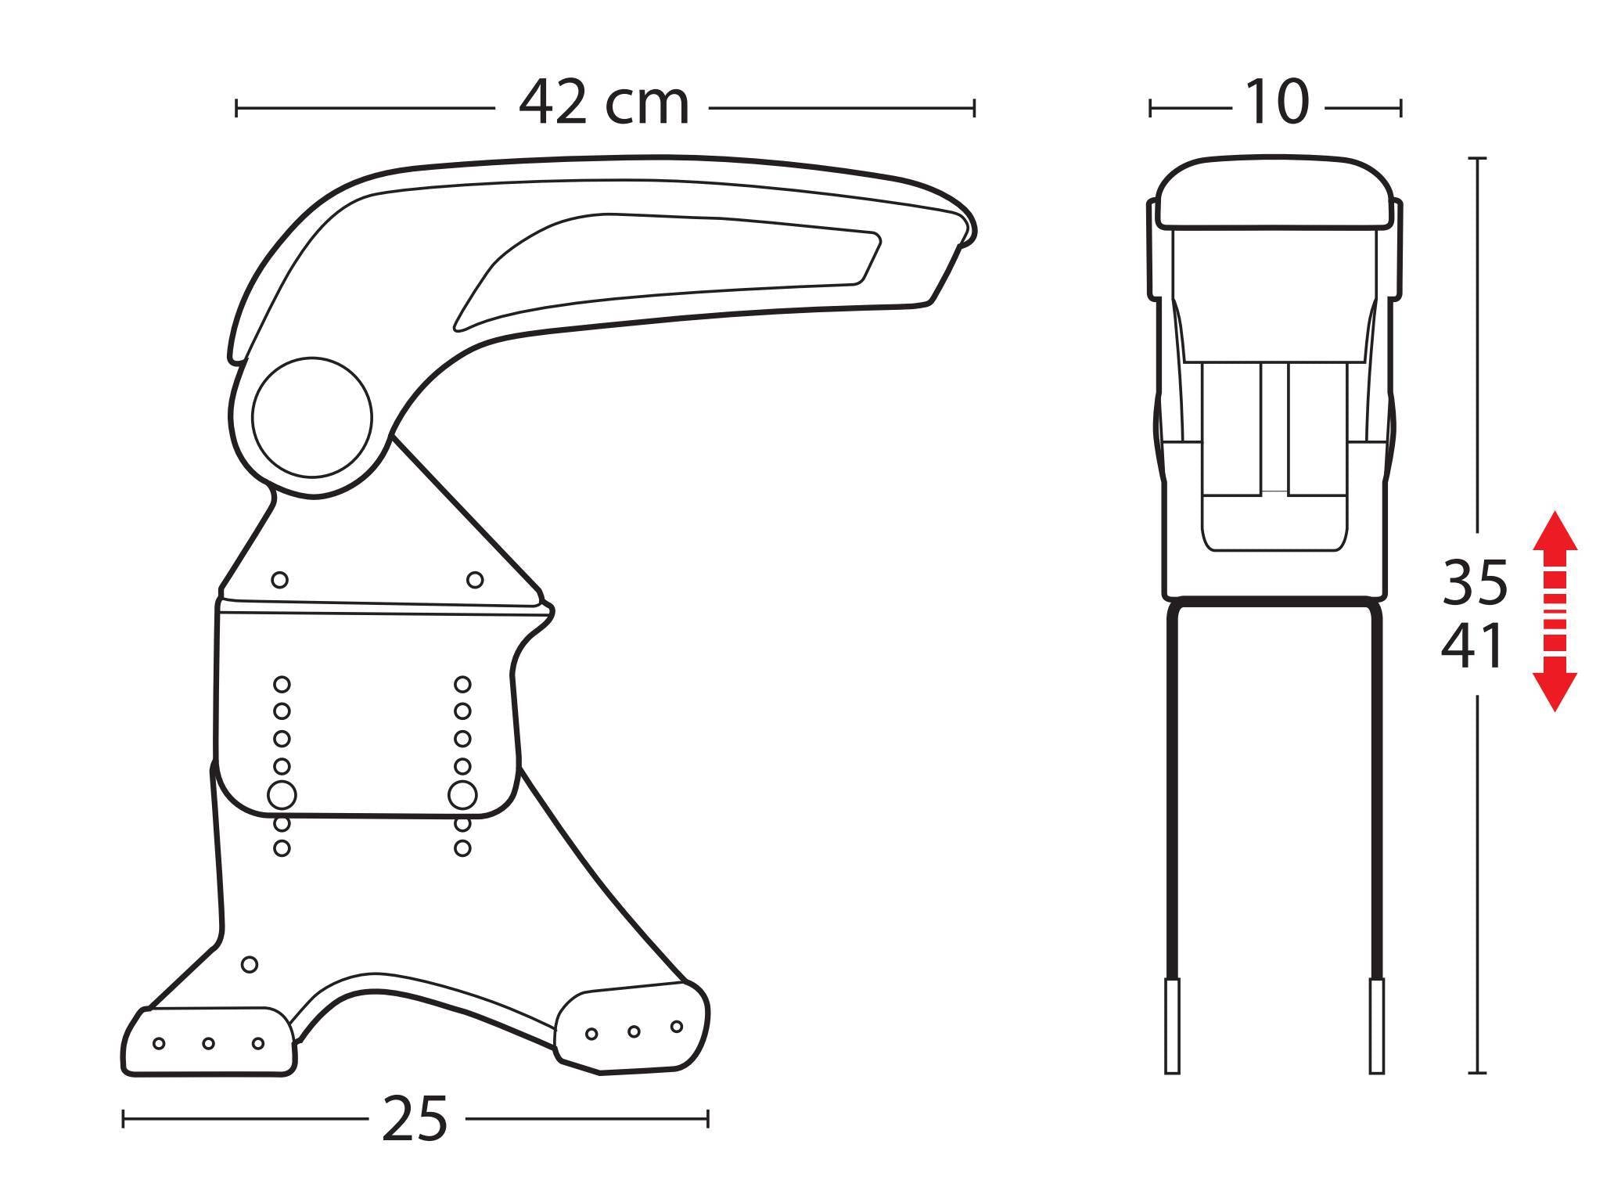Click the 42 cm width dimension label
tap(604, 103)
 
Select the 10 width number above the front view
tap(1276, 103)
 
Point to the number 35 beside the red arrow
tap(1474, 583)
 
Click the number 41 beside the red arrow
tap(1472, 646)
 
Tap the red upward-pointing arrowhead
tap(1555, 531)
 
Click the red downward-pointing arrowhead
tap(1555, 691)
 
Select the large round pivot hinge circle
tap(312, 418)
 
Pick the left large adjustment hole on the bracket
tap(282, 795)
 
